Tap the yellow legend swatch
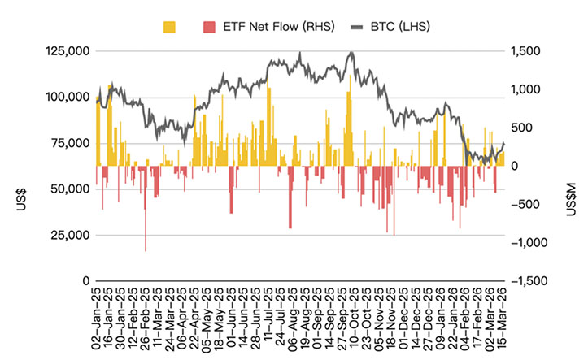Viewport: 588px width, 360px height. pos(170,27)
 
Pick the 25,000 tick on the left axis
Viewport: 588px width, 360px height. pos(68,235)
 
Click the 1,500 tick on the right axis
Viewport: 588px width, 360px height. pos(526,51)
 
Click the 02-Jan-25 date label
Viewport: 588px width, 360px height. pos(96,318)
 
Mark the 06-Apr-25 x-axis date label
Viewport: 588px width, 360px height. pos(183,318)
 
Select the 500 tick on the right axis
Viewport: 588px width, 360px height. pos(522,128)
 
